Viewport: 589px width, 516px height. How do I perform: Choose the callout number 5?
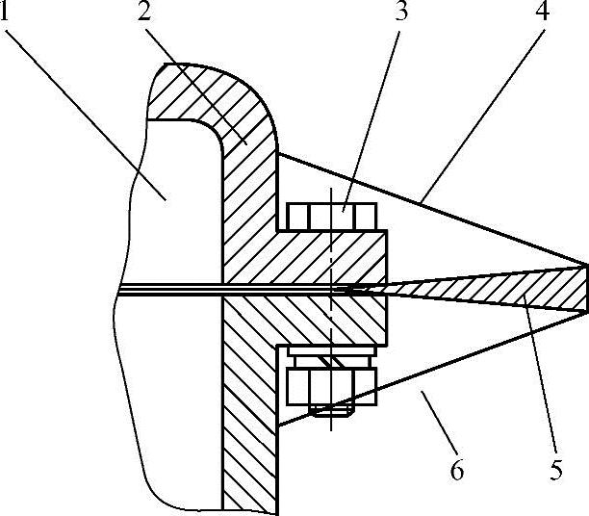pos(555,472)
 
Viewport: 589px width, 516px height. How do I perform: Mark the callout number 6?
pos(456,472)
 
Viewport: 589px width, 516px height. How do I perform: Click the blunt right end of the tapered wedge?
pos(585,288)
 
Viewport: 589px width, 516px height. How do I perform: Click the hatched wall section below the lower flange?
pos(250,433)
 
